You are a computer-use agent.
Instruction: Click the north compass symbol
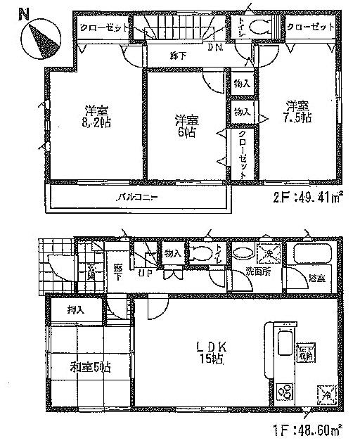[40, 36]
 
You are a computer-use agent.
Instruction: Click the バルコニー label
[136, 197]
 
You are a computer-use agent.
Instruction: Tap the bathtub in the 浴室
[314, 256]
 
